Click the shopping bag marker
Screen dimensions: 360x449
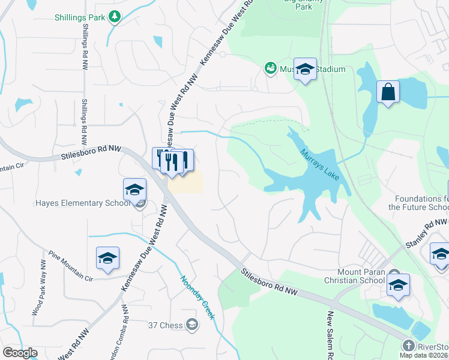tap(388, 92)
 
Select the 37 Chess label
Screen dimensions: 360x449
tap(166, 326)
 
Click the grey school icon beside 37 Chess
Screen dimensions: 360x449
tap(191, 325)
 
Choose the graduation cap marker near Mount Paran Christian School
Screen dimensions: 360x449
tap(398, 286)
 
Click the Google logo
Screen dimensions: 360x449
tap(20, 353)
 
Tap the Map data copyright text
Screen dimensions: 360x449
tap(424, 355)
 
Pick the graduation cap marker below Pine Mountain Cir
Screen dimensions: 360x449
tap(108, 259)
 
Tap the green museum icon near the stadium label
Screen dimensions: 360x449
tap(270, 68)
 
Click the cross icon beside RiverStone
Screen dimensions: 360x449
tap(408, 346)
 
